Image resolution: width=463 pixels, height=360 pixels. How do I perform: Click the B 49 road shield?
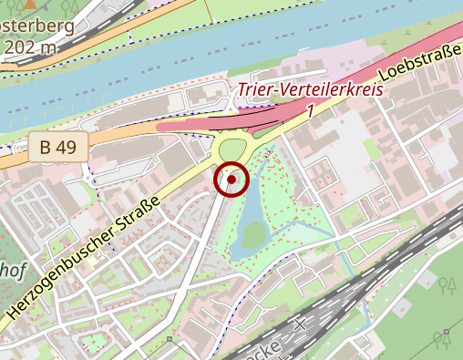[57, 146]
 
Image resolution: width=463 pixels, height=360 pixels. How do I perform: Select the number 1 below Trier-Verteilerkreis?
[311, 110]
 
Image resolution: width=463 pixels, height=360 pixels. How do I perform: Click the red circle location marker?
[231, 180]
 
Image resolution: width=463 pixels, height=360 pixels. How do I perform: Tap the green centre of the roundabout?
[233, 149]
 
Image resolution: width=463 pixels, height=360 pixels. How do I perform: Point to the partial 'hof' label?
[13, 271]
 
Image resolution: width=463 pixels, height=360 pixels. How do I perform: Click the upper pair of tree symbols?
[447, 287]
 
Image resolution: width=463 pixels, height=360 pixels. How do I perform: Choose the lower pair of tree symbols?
[443, 340]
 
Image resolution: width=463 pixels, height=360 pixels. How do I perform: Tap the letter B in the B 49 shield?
[45, 146]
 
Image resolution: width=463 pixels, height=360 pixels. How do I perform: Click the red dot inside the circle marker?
[231, 180]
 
